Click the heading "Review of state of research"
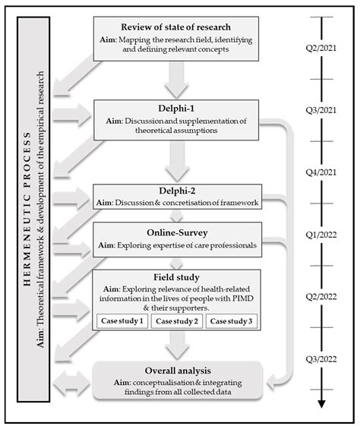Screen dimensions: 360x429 coord(175,27)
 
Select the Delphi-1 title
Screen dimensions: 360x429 coord(176,109)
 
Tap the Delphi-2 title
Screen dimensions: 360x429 coord(177,191)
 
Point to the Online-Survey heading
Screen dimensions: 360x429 coord(177,233)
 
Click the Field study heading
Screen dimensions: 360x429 coord(176,277)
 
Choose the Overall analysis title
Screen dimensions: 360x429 coord(178,371)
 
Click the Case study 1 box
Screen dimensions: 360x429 coord(122,321)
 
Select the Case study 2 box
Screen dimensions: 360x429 coord(177,321)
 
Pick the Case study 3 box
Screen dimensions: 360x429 coord(232,321)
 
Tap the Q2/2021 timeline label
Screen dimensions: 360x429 coord(321,48)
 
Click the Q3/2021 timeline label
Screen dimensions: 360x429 coord(321,110)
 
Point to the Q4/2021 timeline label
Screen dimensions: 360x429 coord(321,172)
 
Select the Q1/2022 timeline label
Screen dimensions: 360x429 coord(321,235)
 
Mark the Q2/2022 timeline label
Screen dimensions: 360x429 coord(321,297)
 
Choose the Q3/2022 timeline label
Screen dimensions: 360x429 coord(321,359)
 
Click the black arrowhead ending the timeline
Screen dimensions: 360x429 coord(322,404)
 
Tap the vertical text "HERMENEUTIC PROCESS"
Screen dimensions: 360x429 coord(27,210)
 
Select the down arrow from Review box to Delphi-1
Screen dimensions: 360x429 coord(176,80)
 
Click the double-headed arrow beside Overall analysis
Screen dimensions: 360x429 coord(71,383)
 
